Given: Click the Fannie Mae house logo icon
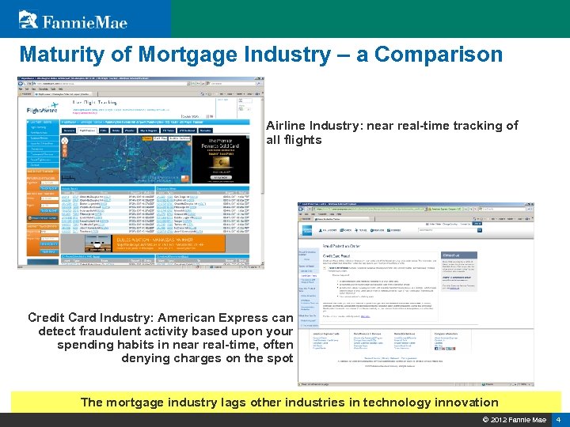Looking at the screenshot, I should (x=28, y=18).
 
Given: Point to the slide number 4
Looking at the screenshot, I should (x=558, y=419).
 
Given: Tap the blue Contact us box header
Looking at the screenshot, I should (x=460, y=255).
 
